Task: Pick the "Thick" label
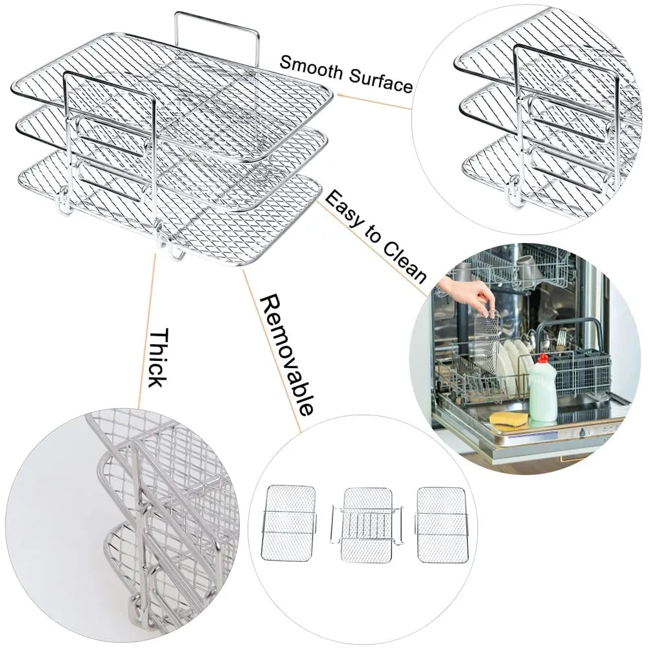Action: pyautogui.click(x=157, y=357)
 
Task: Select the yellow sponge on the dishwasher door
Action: pyautogui.click(x=508, y=419)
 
